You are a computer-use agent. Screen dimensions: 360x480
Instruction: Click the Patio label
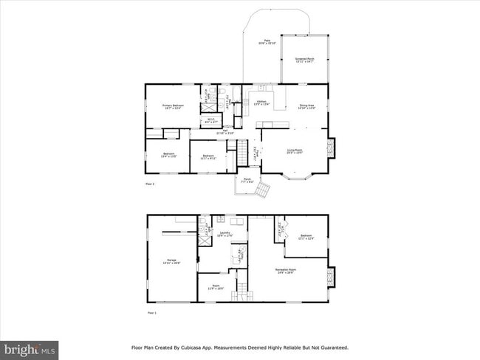pos(263,42)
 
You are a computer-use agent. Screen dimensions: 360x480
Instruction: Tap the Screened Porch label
pos(304,59)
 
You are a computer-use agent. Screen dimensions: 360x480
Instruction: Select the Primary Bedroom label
pos(173,106)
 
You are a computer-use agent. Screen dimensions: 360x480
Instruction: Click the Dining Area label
pos(308,106)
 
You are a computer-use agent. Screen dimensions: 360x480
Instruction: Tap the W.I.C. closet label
pos(210,120)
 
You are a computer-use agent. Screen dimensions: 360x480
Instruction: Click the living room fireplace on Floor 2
pos(331,148)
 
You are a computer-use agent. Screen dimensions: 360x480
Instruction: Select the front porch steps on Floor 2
pos(262,190)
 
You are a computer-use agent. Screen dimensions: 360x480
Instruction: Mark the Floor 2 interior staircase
pos(241,155)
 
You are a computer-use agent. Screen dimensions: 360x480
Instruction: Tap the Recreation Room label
pos(287,271)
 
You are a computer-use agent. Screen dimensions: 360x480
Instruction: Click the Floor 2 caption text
pos(150,183)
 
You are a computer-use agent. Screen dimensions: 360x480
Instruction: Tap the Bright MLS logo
pos(30,349)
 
